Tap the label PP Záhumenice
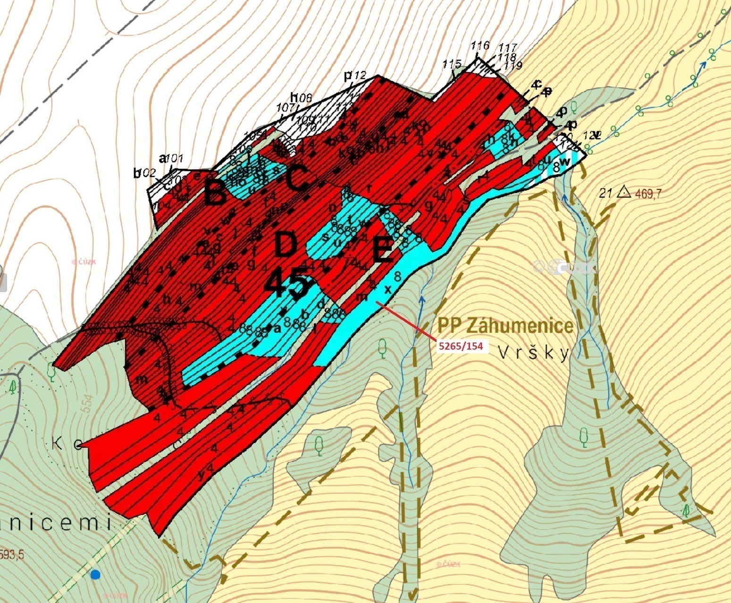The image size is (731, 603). click(x=505, y=326)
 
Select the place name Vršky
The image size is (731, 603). click(x=534, y=353)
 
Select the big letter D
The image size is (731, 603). click(x=286, y=245)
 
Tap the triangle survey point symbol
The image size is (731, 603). click(x=624, y=192)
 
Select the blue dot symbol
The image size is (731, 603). click(x=95, y=574)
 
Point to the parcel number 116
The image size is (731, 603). click(x=480, y=46)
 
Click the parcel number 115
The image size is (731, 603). click(x=452, y=64)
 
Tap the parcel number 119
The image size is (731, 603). click(x=513, y=66)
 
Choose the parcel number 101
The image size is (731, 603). click(x=174, y=159)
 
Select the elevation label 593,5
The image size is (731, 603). click(x=11, y=554)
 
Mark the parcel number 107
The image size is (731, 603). click(x=285, y=108)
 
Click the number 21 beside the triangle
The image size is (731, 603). click(x=605, y=193)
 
